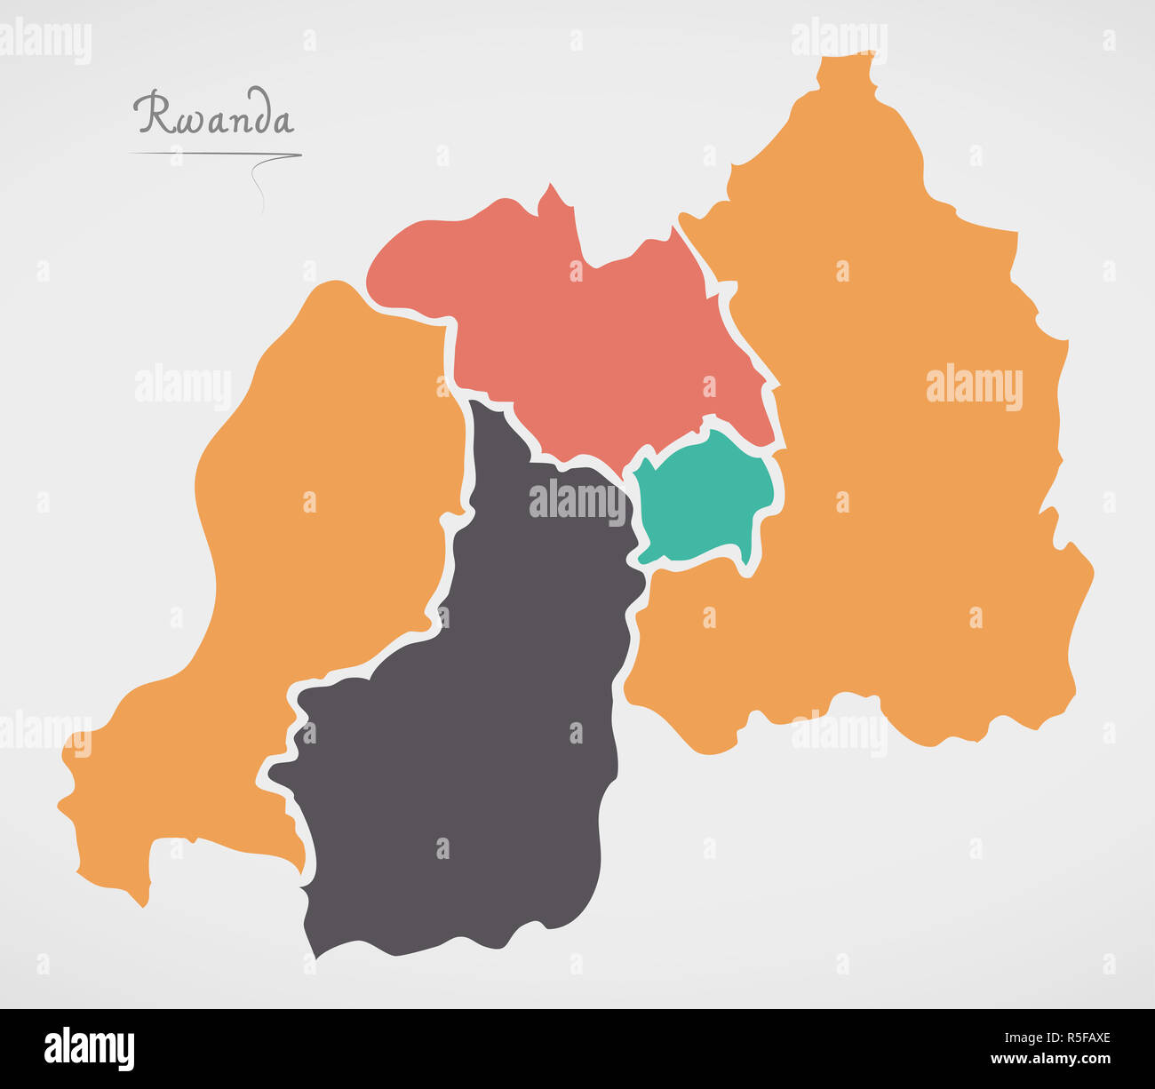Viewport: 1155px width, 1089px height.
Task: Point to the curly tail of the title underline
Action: [x=259, y=187]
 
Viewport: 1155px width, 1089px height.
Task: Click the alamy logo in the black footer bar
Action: [x=89, y=1048]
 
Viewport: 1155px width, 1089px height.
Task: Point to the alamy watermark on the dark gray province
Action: [x=577, y=500]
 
